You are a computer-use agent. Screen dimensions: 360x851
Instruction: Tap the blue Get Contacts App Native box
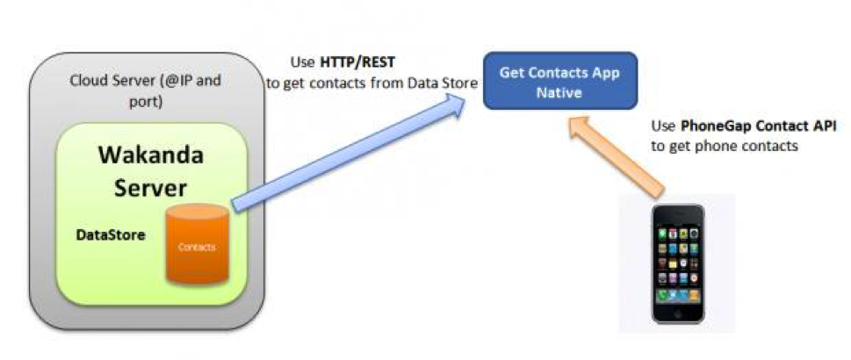point(559,82)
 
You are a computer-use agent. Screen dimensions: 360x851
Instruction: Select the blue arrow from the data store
point(351,154)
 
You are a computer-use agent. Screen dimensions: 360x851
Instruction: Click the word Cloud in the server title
point(88,81)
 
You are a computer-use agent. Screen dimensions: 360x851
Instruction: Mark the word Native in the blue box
point(559,91)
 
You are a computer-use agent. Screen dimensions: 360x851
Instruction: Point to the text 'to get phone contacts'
point(725,147)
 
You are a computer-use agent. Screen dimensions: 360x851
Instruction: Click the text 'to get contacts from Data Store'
point(372,83)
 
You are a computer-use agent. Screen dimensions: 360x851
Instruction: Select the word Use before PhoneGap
point(665,126)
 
